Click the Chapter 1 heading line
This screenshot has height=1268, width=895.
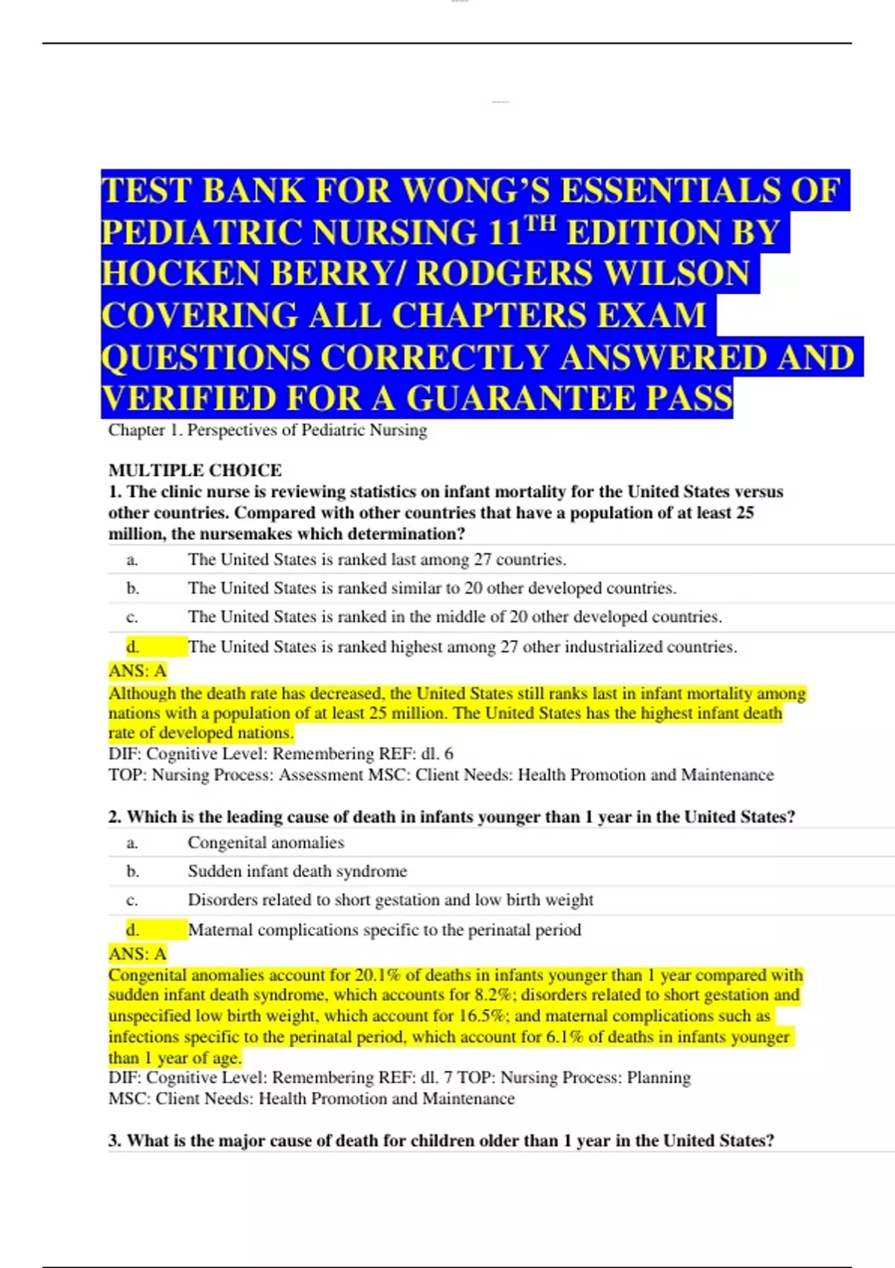(x=268, y=430)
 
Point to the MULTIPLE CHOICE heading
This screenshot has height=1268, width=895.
(x=195, y=470)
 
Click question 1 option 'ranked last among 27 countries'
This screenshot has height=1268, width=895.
(x=377, y=559)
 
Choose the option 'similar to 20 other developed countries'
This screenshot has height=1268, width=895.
(x=432, y=588)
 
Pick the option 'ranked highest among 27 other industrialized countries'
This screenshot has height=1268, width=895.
(x=462, y=647)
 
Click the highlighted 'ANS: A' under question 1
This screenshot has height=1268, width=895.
(x=137, y=671)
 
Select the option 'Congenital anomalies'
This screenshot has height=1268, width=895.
(x=266, y=842)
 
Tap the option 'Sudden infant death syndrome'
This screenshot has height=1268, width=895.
(x=297, y=871)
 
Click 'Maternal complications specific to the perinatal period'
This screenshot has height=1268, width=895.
(x=384, y=930)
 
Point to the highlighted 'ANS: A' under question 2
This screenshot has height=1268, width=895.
(x=137, y=954)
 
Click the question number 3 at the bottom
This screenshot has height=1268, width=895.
(x=114, y=1140)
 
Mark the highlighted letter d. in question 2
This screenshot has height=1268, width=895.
(x=133, y=930)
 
